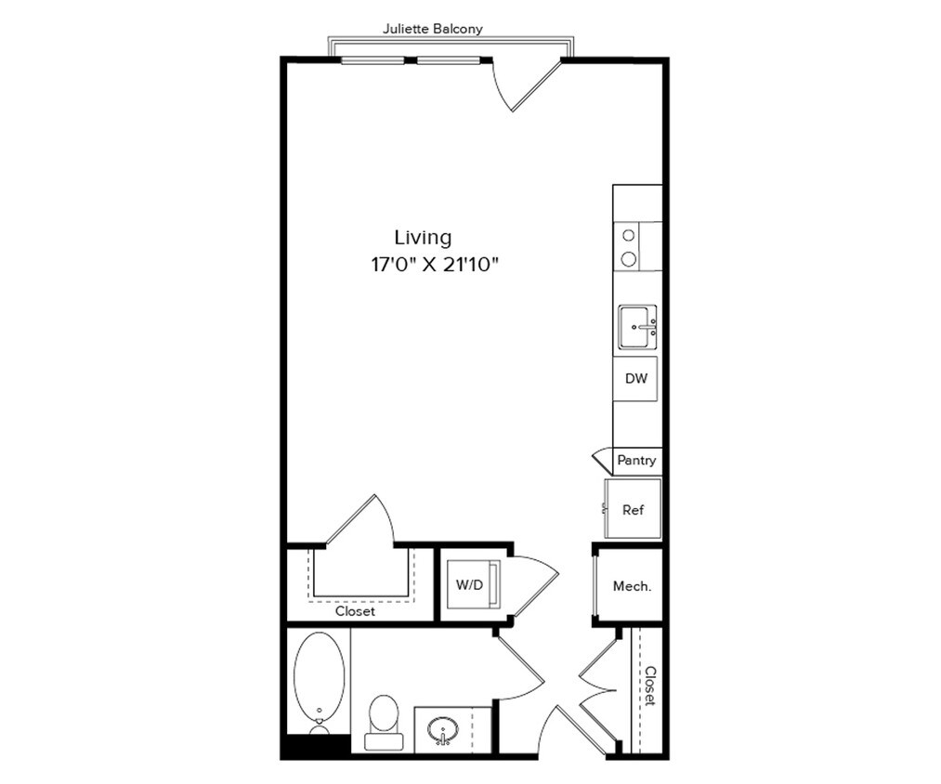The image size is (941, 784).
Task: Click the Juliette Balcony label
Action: coord(433,29)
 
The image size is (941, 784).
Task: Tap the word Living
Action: coord(423,238)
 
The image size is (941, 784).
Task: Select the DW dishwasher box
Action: coord(636,379)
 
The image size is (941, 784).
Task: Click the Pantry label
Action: coord(636,460)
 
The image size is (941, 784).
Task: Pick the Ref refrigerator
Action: coord(633,509)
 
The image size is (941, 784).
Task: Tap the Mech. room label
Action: coord(632,586)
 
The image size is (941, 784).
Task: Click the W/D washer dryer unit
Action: coord(469,586)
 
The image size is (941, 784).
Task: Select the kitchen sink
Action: coord(638,327)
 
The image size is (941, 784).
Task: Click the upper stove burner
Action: coord(629,236)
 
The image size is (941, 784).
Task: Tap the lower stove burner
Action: coord(629,258)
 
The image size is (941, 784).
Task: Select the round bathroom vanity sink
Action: coord(444,730)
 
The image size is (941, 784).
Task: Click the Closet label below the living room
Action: coord(355,612)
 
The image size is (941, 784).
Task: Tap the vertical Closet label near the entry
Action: coord(651,686)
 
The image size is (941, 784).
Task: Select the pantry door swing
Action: coord(602,455)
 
